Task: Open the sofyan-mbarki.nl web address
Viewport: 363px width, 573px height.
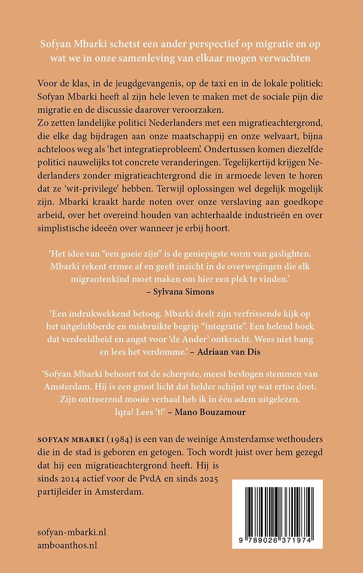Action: tap(76, 532)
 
